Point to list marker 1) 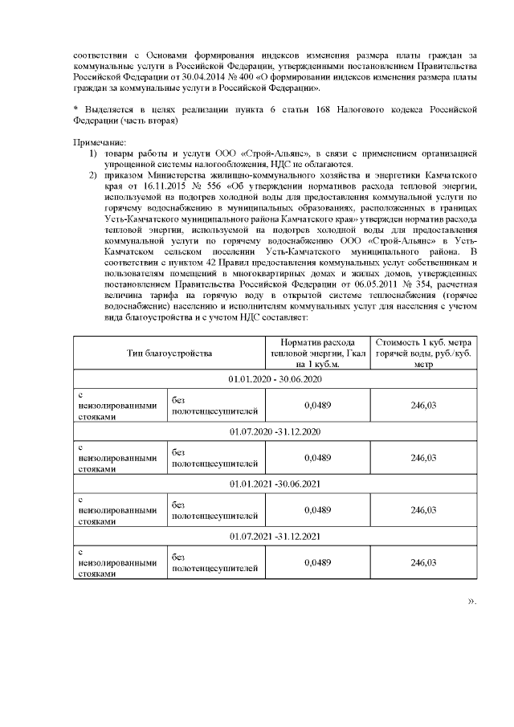93,151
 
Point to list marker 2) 93,174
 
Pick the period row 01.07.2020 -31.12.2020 275,431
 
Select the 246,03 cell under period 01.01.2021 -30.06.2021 423,510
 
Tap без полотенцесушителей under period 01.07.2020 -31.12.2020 215,458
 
